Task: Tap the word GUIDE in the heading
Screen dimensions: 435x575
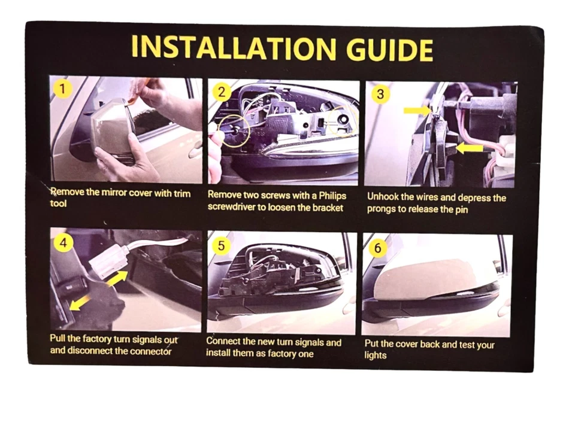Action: [x=389, y=49]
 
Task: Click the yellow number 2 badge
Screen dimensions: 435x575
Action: [x=222, y=92]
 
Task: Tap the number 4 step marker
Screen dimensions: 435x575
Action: [x=63, y=244]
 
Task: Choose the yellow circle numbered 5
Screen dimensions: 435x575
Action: [x=222, y=245]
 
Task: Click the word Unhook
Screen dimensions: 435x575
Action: [x=385, y=197]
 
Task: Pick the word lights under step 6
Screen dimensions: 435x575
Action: [x=376, y=355]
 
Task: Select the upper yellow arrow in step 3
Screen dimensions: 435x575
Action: [x=417, y=110]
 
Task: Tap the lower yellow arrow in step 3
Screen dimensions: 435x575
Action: [x=468, y=147]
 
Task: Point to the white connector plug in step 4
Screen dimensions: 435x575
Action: [x=107, y=263]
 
